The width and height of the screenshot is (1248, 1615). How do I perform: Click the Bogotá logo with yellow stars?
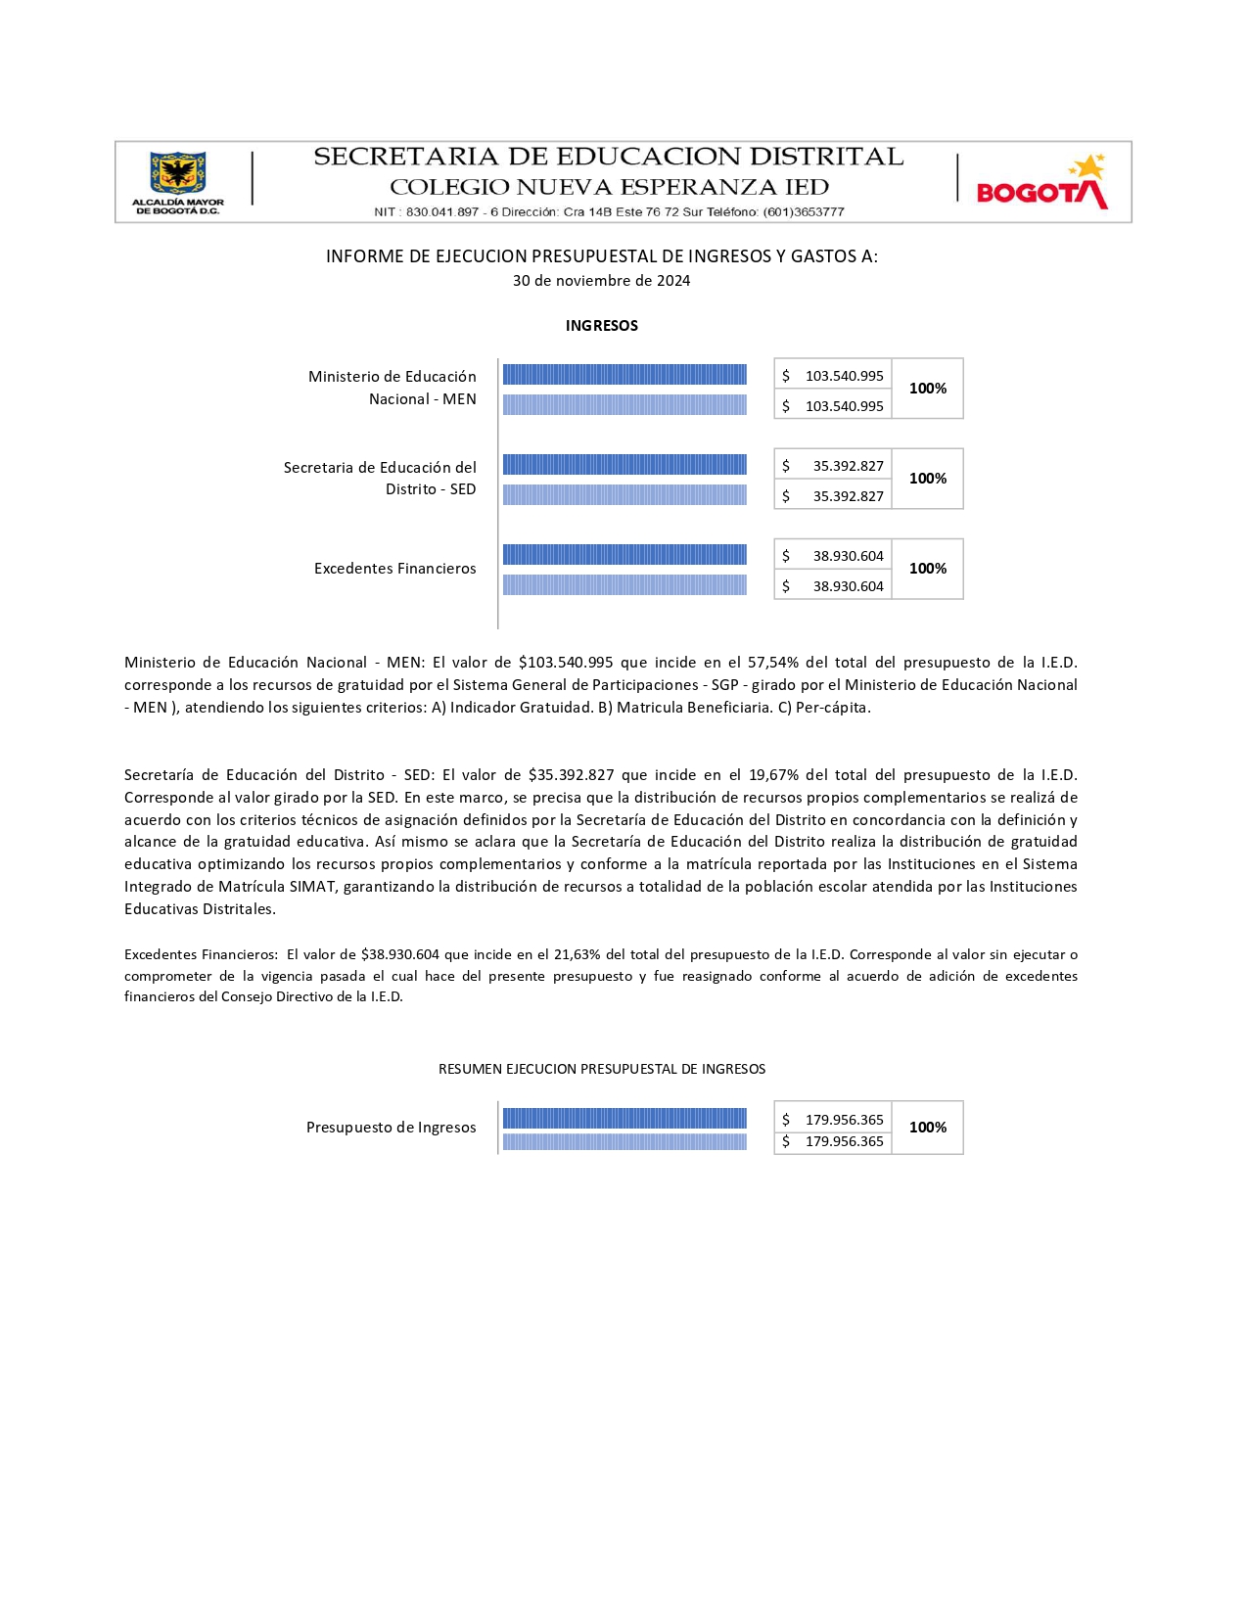pos(1041,183)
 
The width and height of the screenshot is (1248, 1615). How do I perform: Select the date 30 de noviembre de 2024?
pos(601,281)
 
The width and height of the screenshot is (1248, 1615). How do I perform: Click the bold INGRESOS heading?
pos(601,326)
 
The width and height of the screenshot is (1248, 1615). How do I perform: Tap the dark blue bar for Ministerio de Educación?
pos(624,374)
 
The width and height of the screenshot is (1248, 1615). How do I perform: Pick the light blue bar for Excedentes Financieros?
pos(624,585)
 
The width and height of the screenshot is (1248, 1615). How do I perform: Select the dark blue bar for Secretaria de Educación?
pos(624,464)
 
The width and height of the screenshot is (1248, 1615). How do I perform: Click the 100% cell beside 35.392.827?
pos(927,479)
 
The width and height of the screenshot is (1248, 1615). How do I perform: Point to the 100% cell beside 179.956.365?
pos(927,1128)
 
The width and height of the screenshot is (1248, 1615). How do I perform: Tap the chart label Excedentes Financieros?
pos(394,569)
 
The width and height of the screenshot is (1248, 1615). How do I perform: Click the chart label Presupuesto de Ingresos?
pos(391,1128)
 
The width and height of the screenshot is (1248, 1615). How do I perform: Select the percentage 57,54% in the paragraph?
pos(772,663)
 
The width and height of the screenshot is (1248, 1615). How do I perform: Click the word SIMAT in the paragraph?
pos(312,887)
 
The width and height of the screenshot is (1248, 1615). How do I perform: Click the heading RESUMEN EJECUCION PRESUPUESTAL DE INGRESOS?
pos(601,1069)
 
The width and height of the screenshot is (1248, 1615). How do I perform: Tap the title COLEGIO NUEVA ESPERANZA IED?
pos(609,187)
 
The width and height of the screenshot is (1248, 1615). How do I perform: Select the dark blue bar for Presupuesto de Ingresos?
pos(624,1118)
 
